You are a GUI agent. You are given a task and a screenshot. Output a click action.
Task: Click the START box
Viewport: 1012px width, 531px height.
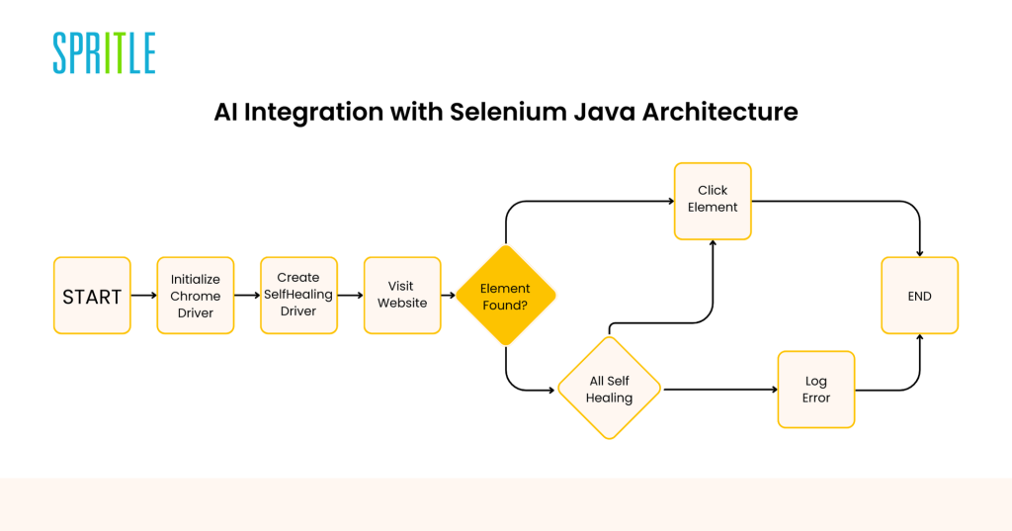[x=92, y=296]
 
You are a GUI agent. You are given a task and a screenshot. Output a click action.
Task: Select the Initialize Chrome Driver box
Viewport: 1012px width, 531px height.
[x=196, y=296]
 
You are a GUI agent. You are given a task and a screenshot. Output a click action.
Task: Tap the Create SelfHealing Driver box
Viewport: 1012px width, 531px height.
[x=298, y=296]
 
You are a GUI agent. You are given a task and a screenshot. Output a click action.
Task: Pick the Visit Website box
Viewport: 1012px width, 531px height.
[x=402, y=296]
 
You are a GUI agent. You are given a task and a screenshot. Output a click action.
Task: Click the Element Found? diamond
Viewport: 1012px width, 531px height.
[x=505, y=296]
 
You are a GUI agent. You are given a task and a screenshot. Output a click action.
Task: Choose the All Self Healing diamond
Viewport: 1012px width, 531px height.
[x=609, y=389]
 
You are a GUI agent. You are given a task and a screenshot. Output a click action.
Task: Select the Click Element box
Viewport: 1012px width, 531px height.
[x=713, y=202]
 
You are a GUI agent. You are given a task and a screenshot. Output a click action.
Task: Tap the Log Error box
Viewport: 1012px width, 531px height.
[x=816, y=390]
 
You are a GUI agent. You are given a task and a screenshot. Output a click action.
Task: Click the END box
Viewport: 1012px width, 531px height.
[x=920, y=296]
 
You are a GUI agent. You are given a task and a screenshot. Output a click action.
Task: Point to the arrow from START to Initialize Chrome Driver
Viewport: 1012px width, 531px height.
[x=144, y=296]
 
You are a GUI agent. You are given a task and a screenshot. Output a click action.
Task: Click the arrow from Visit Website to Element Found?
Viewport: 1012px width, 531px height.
[x=449, y=296]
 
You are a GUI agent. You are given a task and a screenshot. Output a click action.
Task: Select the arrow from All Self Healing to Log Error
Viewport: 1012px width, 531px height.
[x=720, y=390]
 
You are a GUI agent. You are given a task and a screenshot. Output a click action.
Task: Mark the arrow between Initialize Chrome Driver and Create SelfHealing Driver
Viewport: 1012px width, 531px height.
[x=247, y=296]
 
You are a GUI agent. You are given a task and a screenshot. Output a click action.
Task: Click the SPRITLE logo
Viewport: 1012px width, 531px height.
[x=104, y=53]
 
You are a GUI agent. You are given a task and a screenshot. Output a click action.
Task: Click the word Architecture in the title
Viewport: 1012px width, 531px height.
[x=719, y=112]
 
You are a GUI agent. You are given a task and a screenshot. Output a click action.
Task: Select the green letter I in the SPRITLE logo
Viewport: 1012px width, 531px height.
[x=109, y=53]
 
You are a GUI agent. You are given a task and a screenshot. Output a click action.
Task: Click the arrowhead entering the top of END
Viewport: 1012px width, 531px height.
[x=920, y=253]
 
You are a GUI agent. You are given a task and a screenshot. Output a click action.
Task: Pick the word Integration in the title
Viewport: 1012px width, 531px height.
[x=313, y=113]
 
